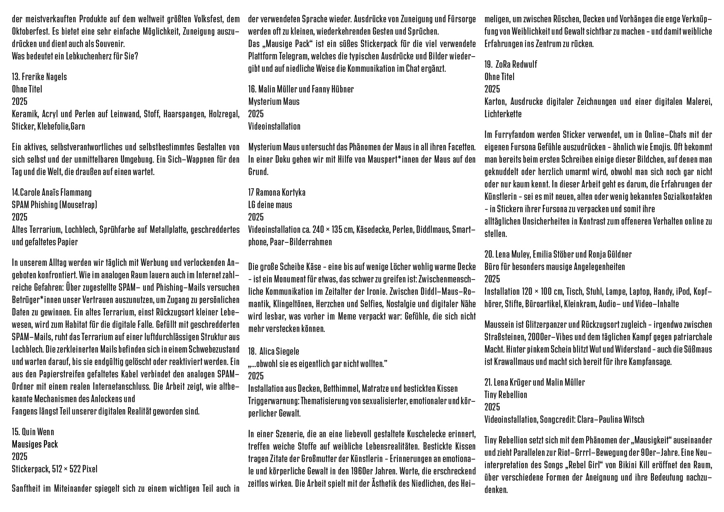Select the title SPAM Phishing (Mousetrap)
click(54, 205)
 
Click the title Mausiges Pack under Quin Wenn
click(35, 444)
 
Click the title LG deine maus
click(270, 205)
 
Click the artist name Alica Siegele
click(279, 351)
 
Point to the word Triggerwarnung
click(273, 401)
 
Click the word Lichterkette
click(503, 114)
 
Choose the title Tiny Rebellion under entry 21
click(506, 395)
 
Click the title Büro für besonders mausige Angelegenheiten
click(554, 267)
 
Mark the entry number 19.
click(488, 64)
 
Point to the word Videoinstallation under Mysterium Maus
click(274, 126)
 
